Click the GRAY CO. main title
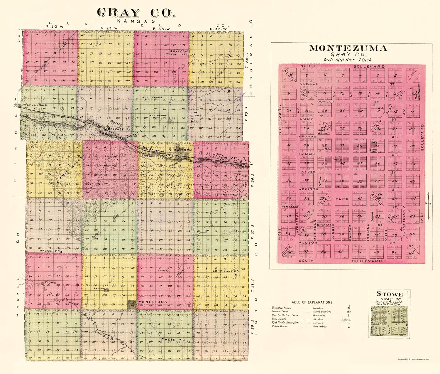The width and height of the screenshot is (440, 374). [136, 13]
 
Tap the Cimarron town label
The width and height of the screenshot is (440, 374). [180, 150]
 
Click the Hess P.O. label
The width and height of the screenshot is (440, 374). [175, 340]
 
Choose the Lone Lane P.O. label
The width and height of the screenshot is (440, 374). [226, 271]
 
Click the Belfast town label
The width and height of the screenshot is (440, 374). [115, 129]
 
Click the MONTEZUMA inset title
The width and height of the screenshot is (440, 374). [348, 48]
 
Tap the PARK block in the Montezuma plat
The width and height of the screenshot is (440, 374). [342, 199]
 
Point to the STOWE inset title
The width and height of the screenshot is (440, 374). [390, 294]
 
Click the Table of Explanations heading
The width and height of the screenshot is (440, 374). [311, 302]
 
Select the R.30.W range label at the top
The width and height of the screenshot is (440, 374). [55, 26]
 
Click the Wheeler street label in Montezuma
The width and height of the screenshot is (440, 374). [291, 207]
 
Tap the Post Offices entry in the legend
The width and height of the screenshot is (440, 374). [319, 326]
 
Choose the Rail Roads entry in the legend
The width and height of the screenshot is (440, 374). [279, 319]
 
